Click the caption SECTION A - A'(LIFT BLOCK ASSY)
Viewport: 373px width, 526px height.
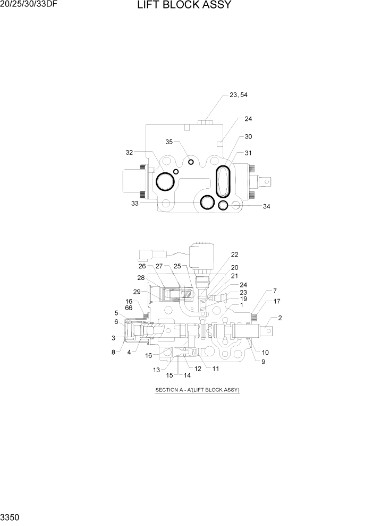pyautogui.click(x=198, y=390)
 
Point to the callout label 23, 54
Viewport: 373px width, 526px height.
pyautogui.click(x=238, y=95)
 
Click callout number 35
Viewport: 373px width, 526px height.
pyautogui.click(x=169, y=142)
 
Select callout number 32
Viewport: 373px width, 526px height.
pyautogui.click(x=129, y=152)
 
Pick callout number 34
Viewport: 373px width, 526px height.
pyautogui.click(x=266, y=206)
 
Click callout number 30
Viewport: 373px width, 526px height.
pyautogui.click(x=248, y=136)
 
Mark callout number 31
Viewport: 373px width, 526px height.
pyautogui.click(x=248, y=153)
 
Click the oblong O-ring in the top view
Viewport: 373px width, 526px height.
pyautogui.click(x=223, y=181)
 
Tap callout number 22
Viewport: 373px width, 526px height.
pyautogui.click(x=234, y=254)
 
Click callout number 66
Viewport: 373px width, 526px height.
pyautogui.click(x=129, y=308)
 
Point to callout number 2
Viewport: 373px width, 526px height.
pyautogui.click(x=280, y=318)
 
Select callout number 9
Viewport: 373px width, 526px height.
pyautogui.click(x=263, y=362)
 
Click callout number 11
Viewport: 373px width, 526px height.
pyautogui.click(x=216, y=368)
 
